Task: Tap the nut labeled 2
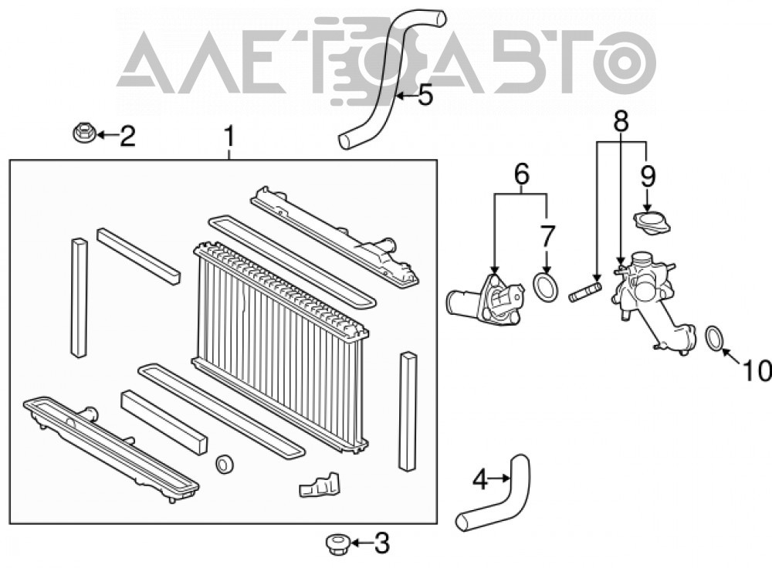pyautogui.click(x=83, y=133)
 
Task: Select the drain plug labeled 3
pyautogui.click(x=337, y=544)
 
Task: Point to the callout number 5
pyautogui.click(x=425, y=96)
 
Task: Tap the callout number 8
pyautogui.click(x=621, y=121)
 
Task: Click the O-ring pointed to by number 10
pyautogui.click(x=715, y=339)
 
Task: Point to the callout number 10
pyautogui.click(x=757, y=370)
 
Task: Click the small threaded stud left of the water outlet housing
pyautogui.click(x=585, y=291)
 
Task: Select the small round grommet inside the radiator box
pyautogui.click(x=225, y=464)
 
